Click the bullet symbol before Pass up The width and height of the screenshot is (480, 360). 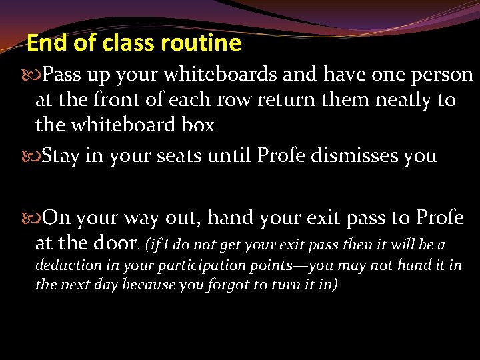pyautogui.click(x=34, y=75)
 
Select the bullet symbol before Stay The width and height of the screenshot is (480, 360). pyautogui.click(x=34, y=157)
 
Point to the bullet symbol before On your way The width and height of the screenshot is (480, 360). pyautogui.click(x=34, y=218)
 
